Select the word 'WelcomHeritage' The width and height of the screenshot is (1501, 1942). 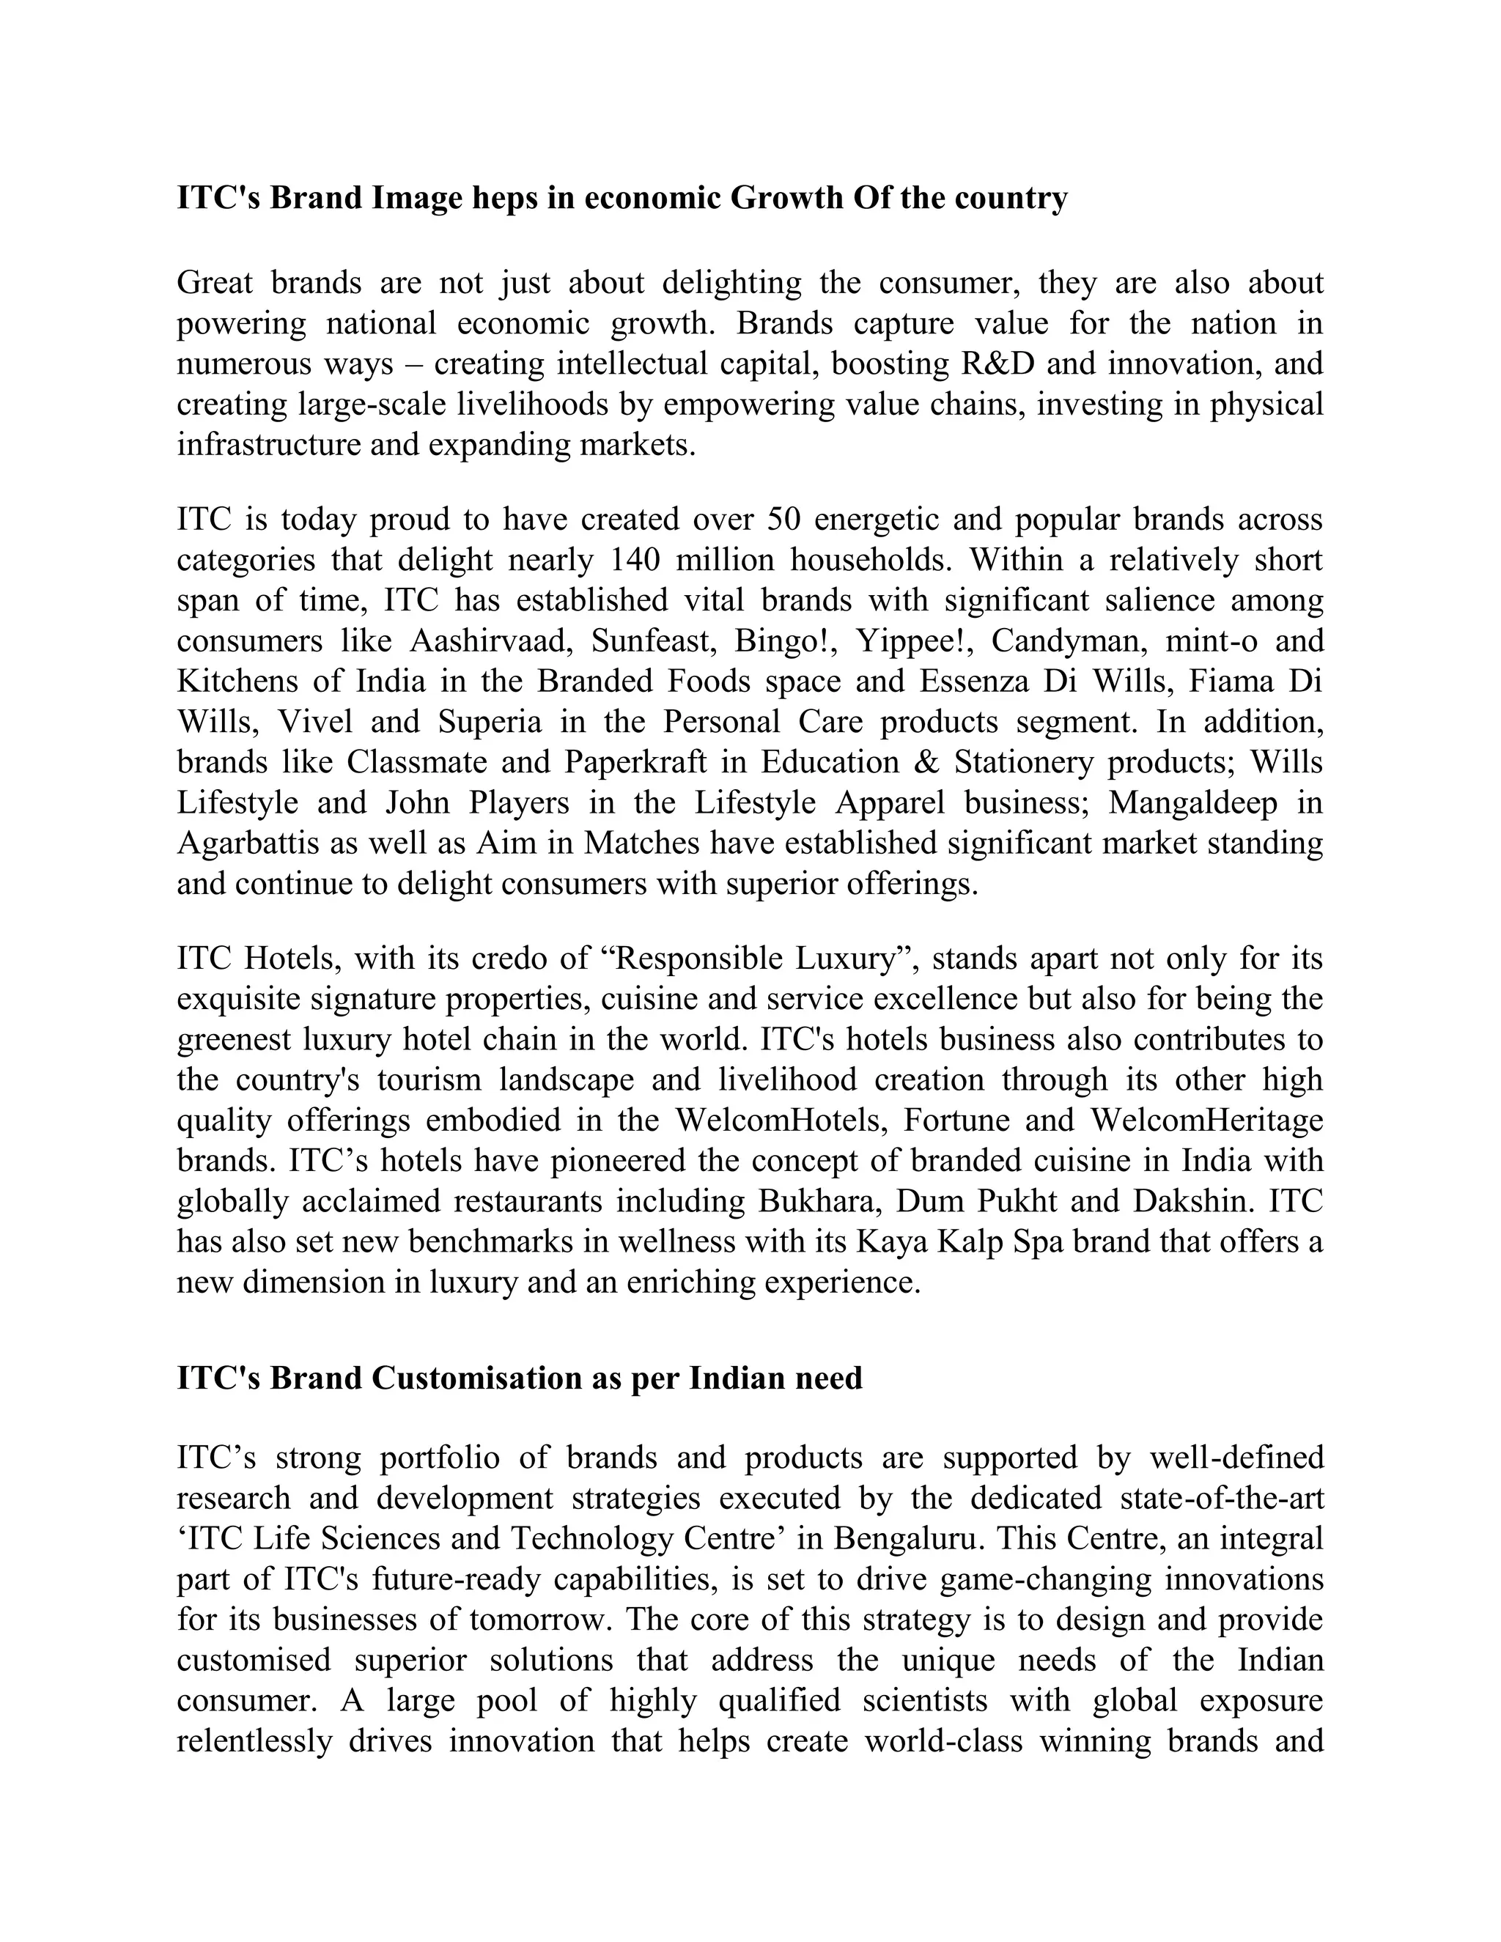pos(1206,1120)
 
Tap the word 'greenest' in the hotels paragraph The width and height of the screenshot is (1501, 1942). pos(234,1039)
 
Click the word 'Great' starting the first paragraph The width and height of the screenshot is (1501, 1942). pos(214,283)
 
